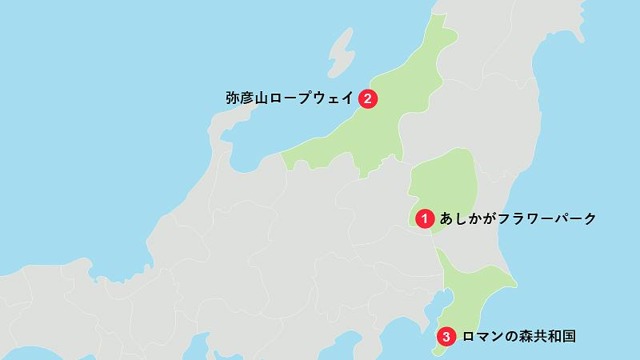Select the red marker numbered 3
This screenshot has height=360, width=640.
(x=446, y=336)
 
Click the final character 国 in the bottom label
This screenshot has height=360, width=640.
(x=568, y=337)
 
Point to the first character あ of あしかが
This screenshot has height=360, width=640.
(x=446, y=218)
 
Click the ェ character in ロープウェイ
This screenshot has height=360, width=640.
(x=335, y=99)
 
